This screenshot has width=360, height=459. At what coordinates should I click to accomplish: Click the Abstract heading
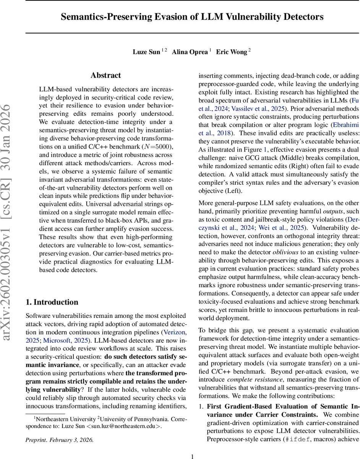106,75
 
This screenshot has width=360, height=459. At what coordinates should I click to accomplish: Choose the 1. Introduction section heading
52,291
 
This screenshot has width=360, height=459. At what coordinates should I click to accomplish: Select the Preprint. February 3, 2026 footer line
59,440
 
